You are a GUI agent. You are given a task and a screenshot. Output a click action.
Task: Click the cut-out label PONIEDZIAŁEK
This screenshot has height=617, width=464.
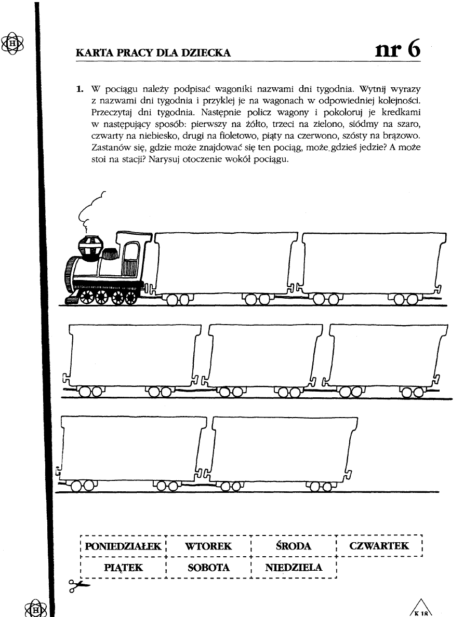point(123,546)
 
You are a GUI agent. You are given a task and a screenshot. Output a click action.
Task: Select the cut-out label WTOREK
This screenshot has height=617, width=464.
point(208,546)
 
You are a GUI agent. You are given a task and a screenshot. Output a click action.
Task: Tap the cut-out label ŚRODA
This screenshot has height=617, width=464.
point(294,546)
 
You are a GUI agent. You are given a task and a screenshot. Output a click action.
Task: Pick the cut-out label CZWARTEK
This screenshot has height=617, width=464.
point(379,546)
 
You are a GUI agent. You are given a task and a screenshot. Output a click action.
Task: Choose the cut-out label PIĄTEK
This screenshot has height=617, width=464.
point(123,568)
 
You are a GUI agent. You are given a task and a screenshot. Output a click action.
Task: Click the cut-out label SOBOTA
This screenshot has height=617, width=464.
point(208,568)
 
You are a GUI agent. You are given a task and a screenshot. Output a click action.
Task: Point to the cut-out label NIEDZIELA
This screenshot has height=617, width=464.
point(294,568)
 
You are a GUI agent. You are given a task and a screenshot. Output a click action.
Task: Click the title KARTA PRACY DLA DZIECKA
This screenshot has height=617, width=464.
point(153,52)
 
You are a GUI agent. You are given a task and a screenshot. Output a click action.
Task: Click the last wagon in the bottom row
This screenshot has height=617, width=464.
point(283,447)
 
